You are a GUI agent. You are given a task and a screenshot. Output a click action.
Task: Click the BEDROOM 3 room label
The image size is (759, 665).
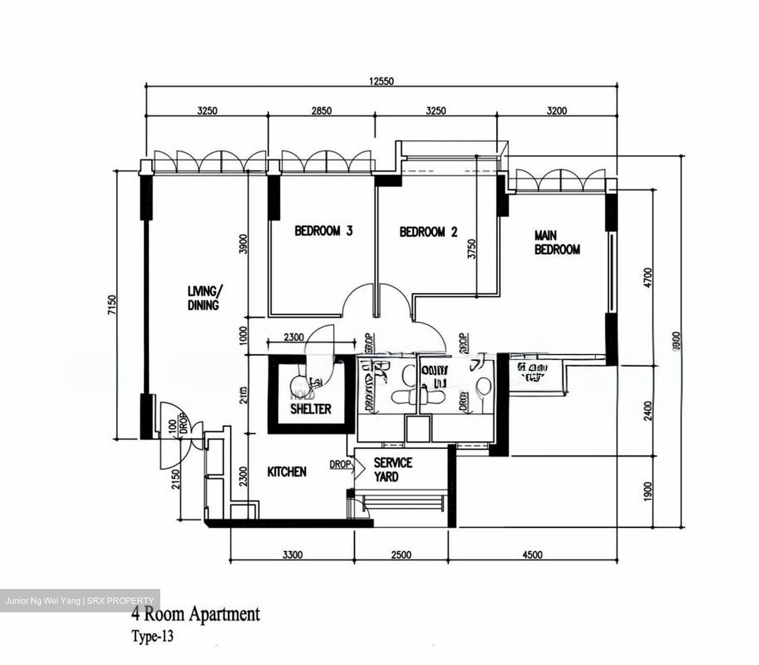click(x=323, y=231)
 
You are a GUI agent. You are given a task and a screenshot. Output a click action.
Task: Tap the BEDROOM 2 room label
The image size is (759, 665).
click(x=428, y=232)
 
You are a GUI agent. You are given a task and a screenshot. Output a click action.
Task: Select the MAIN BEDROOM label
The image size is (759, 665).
click(x=557, y=243)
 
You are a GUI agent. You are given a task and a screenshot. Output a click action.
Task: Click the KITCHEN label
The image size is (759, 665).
click(x=287, y=472)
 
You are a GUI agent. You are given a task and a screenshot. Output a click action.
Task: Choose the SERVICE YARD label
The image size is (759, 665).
click(x=393, y=470)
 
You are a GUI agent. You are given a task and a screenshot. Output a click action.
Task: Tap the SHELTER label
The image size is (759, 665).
click(x=310, y=409)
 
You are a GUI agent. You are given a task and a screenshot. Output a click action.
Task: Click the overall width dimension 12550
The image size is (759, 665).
click(x=381, y=81)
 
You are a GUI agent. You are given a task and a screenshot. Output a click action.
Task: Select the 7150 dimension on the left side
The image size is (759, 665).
click(x=111, y=305)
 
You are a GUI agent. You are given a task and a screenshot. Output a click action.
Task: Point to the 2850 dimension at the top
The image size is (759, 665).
click(x=321, y=111)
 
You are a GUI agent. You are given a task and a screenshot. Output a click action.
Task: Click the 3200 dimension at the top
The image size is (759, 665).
click(x=557, y=111)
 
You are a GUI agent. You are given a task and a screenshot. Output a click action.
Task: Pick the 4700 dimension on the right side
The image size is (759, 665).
click(x=648, y=278)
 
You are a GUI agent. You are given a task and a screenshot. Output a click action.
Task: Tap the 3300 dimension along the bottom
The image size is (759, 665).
click(x=292, y=555)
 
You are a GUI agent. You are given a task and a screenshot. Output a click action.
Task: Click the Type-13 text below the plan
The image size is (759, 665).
click(x=152, y=637)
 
